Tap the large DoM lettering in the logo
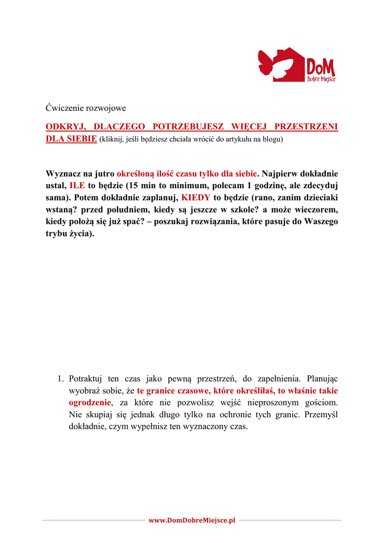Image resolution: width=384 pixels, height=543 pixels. tap(320, 66)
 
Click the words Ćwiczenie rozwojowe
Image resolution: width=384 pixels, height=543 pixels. tap(86, 108)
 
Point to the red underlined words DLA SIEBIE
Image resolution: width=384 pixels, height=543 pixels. tap(72, 139)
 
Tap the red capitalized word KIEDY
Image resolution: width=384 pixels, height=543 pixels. tap(195, 197)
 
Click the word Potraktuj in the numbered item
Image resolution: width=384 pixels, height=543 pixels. tap(87, 379)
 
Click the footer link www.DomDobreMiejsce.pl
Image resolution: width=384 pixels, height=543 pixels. tap(192, 521)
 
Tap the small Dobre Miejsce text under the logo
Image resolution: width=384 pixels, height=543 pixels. tap(321, 79)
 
